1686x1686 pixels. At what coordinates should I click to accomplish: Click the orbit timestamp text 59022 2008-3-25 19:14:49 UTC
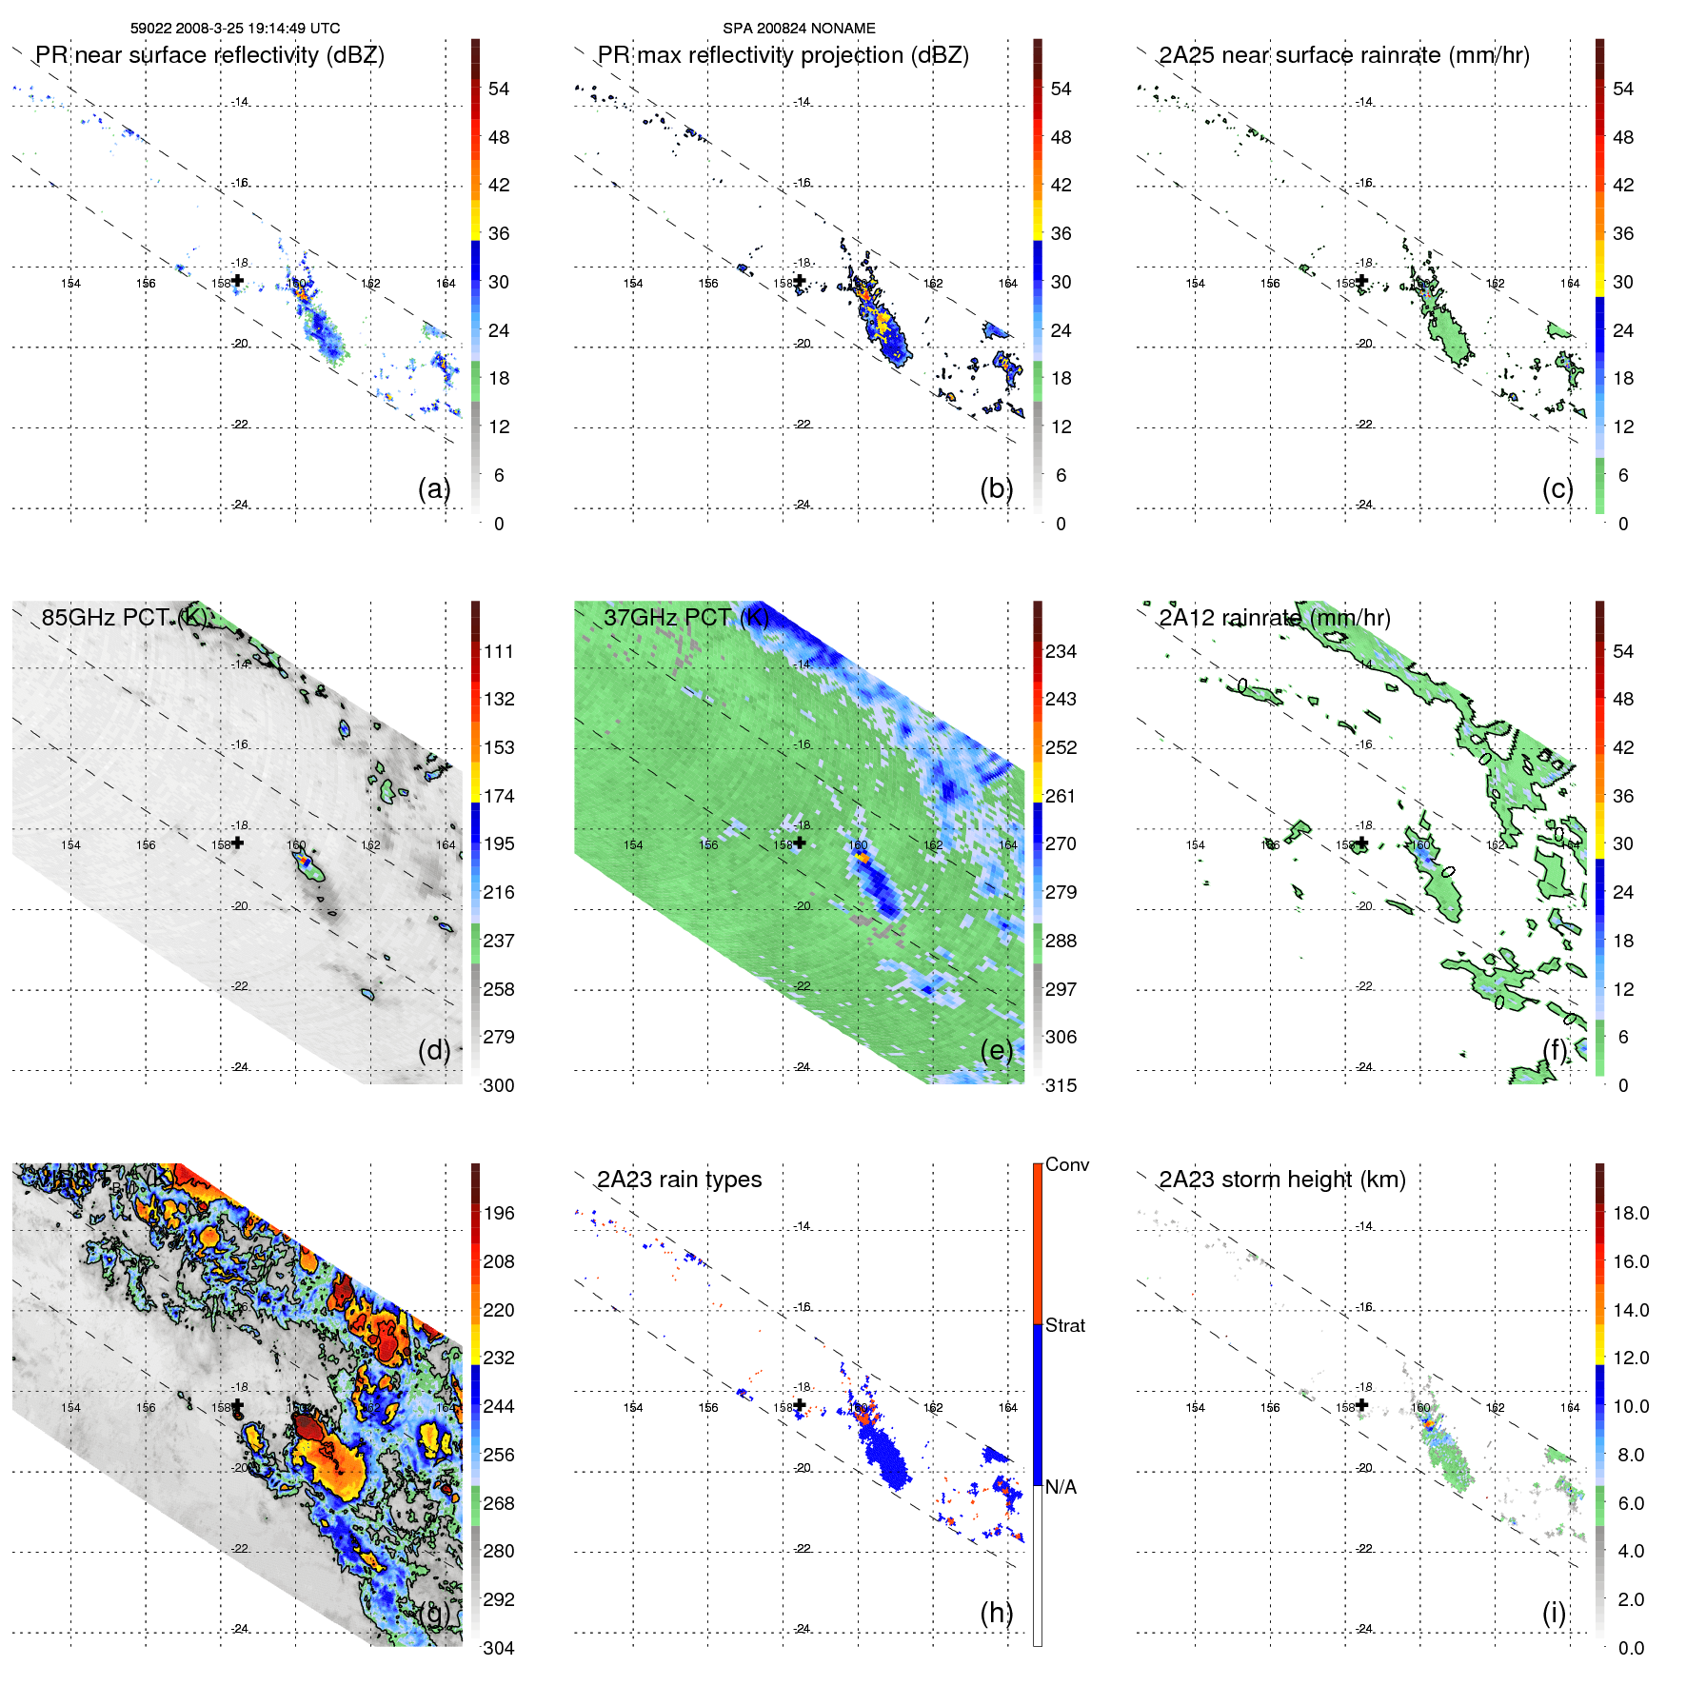click(234, 29)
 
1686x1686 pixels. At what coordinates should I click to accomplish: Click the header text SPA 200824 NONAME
click(799, 29)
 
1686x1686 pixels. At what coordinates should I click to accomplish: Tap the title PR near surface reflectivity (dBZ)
click(209, 55)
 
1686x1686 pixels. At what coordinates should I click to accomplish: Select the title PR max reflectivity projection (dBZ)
click(783, 55)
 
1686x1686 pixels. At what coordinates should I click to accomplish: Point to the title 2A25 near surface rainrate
click(1343, 55)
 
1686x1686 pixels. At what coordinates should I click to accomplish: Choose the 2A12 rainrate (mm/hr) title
click(1274, 618)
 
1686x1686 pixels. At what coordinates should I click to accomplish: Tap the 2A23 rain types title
click(679, 1180)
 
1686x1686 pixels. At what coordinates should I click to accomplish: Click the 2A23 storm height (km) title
click(1281, 1180)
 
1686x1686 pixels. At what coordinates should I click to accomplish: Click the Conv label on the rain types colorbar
click(1066, 1164)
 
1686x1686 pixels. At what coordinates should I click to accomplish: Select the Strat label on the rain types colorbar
click(1064, 1325)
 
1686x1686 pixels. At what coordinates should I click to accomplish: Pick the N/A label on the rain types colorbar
click(1061, 1487)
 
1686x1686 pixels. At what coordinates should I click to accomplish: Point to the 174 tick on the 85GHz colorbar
click(499, 796)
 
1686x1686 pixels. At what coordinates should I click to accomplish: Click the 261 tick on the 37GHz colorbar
click(1061, 796)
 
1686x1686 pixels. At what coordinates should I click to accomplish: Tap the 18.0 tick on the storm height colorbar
click(1630, 1213)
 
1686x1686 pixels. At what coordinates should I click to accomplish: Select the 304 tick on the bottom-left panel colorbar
click(499, 1648)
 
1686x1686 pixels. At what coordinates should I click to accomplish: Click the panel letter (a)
click(434, 488)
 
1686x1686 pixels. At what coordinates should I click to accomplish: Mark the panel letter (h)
click(997, 1613)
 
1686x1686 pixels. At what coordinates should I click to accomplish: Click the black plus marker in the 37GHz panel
click(800, 843)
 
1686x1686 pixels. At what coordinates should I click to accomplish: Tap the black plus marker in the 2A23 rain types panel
click(800, 1405)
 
